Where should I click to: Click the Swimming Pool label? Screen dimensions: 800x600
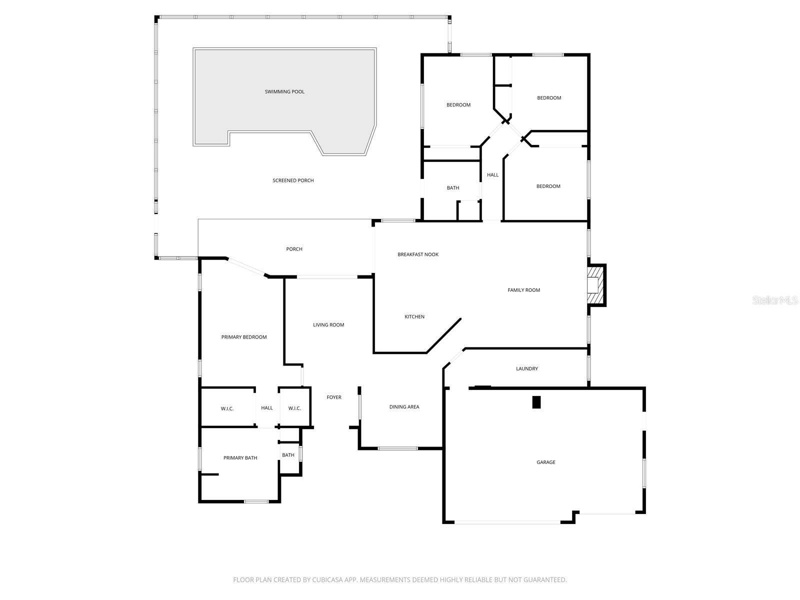(x=284, y=92)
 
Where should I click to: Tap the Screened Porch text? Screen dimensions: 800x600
(x=293, y=180)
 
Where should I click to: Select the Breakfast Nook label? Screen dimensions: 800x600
(x=417, y=254)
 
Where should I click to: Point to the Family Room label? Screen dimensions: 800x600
(x=523, y=290)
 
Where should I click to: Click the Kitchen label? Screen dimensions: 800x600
(x=414, y=316)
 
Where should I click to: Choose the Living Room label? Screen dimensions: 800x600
(x=328, y=324)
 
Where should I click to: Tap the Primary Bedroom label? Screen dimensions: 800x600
(x=244, y=337)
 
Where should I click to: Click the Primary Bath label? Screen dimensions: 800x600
(x=240, y=457)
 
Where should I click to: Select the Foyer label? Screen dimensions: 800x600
(x=334, y=397)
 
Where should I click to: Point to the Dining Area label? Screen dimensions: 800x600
(x=404, y=406)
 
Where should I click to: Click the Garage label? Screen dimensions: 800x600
(x=545, y=462)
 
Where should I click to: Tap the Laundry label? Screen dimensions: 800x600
(x=526, y=368)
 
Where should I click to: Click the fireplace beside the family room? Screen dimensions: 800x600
(x=596, y=285)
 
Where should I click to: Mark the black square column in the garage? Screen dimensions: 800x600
(x=536, y=402)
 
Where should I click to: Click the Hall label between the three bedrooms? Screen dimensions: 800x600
(x=492, y=175)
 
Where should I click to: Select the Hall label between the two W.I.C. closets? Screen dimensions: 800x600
(x=267, y=407)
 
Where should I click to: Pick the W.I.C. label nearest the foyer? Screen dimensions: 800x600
(x=294, y=408)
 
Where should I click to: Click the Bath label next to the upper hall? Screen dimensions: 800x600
(x=452, y=187)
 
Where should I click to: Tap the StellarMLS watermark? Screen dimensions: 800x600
(x=775, y=300)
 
